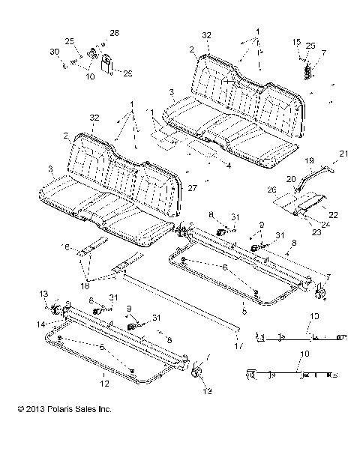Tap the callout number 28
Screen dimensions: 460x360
(x=114, y=34)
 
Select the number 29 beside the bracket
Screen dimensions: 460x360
(x=127, y=72)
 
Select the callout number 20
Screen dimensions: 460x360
(x=289, y=178)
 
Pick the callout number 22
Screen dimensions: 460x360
(x=333, y=215)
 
